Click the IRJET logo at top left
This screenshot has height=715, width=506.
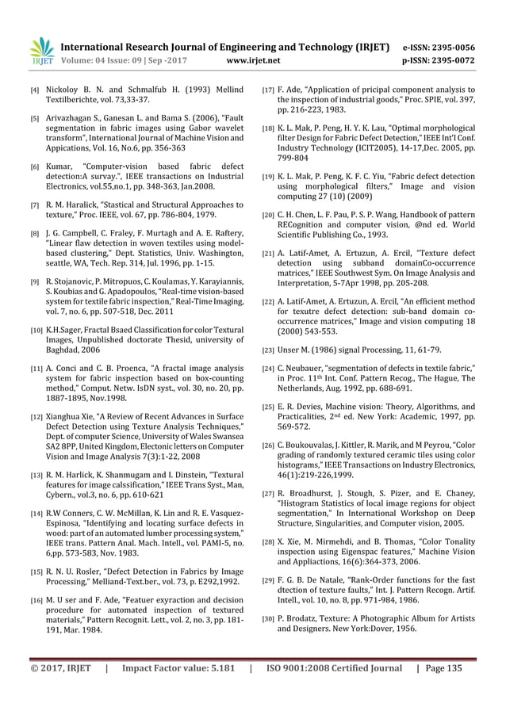click(x=42, y=49)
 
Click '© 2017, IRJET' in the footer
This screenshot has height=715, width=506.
click(x=61, y=667)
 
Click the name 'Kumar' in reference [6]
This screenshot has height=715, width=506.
click(x=59, y=166)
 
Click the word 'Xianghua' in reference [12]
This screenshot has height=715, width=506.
click(x=67, y=415)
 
